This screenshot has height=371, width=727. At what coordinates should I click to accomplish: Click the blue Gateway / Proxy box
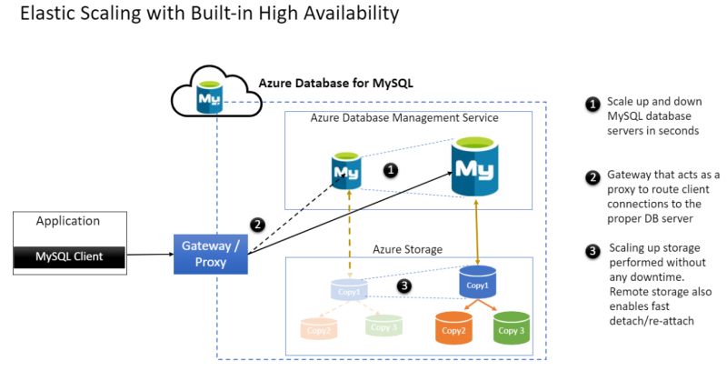click(x=211, y=254)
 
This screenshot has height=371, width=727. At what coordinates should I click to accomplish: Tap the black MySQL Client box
click(x=69, y=257)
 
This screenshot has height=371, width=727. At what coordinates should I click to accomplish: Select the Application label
click(x=68, y=221)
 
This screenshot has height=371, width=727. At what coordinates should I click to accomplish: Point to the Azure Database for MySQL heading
click(x=335, y=83)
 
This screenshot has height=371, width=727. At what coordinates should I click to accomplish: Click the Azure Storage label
click(x=408, y=249)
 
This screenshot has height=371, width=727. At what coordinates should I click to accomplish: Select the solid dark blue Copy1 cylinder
click(x=477, y=283)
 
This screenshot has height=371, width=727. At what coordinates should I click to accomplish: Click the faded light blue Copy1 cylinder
click(x=350, y=290)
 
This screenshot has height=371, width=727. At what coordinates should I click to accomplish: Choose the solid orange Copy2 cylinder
click(x=453, y=328)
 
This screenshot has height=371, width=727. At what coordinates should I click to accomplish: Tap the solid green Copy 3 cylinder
click(x=511, y=328)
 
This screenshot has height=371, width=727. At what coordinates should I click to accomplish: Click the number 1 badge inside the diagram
click(x=391, y=170)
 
